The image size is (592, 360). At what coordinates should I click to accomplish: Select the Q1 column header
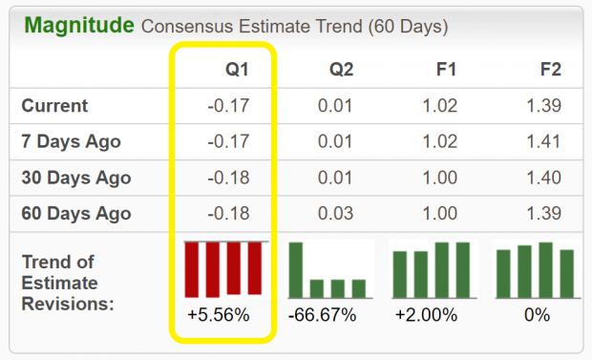(238, 70)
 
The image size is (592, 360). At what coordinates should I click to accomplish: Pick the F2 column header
(550, 70)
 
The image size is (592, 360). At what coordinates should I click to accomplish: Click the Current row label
(54, 106)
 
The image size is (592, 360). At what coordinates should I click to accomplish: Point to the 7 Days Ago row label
(72, 142)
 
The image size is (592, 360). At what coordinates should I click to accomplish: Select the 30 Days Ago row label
(76, 179)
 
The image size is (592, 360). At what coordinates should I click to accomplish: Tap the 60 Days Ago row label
(76, 214)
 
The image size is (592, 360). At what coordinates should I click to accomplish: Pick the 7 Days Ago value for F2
(545, 142)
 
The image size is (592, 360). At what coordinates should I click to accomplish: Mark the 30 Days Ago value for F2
(545, 179)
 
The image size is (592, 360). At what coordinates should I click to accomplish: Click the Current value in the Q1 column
(229, 106)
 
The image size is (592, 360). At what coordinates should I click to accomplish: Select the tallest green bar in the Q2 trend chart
(296, 270)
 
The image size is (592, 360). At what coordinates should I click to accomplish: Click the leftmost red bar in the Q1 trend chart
(192, 268)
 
